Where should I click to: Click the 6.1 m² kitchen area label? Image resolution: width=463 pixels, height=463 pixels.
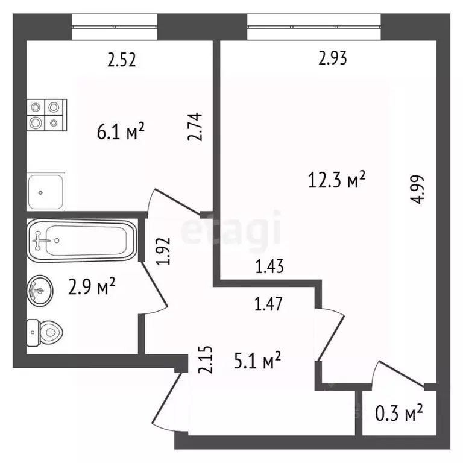(121, 131)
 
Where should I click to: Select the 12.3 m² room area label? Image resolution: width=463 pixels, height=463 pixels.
(337, 180)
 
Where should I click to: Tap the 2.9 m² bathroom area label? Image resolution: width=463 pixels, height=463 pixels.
(92, 286)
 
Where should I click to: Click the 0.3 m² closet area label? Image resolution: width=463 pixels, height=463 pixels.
(399, 413)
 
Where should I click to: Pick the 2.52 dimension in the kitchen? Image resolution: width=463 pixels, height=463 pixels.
(121, 60)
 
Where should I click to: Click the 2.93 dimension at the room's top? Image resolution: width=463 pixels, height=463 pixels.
(333, 58)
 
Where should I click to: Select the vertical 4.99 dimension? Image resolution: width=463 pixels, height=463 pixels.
(418, 189)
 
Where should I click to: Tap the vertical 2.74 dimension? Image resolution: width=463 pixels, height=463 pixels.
(195, 127)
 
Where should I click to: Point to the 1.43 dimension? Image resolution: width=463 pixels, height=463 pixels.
(269, 266)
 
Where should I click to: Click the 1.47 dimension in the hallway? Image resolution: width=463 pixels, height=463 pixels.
(268, 304)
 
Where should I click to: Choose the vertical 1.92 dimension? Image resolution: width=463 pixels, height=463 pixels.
(164, 251)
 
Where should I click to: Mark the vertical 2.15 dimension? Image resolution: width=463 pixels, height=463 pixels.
(205, 360)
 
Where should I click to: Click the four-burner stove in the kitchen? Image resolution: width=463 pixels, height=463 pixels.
(47, 115)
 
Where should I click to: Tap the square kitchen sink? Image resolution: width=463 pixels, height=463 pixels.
(46, 192)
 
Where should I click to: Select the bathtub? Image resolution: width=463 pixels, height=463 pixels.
(82, 241)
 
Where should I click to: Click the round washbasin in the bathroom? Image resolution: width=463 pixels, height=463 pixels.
(40, 291)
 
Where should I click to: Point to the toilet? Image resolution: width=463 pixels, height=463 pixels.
(45, 333)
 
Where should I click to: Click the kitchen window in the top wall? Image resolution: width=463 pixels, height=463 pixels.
(115, 27)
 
